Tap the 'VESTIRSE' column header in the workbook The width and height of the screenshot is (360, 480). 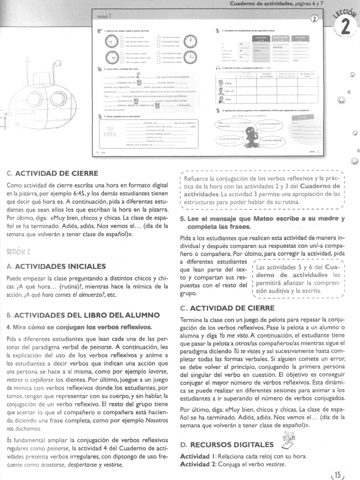tap(302, 38)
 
